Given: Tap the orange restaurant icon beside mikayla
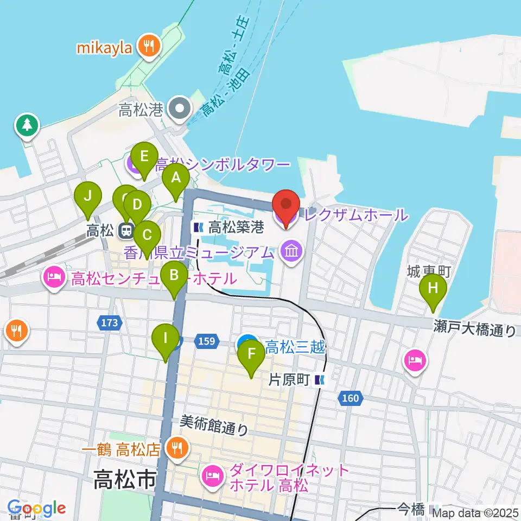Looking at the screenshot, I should pos(148,47).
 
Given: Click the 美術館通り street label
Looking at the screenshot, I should pos(214,424).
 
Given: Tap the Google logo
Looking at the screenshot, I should pos(36,509).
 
